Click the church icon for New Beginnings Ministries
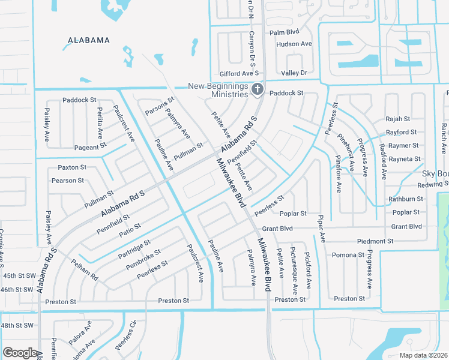pyautogui.click(x=258, y=90)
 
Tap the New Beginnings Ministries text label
pyautogui.click(x=218, y=90)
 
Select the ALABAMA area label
pyautogui.click(x=89, y=40)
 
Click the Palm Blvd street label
pyautogui.click(x=284, y=32)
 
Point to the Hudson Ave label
pyautogui.click(x=294, y=44)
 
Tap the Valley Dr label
pyautogui.click(x=294, y=73)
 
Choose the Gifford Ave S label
pyautogui.click(x=237, y=73)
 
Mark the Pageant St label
pyautogui.click(x=90, y=146)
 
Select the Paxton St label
pyautogui.click(x=72, y=167)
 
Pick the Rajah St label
pyautogui.click(x=397, y=119)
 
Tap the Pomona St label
pyautogui.click(x=349, y=255)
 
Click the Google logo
pyautogui.click(x=20, y=353)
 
